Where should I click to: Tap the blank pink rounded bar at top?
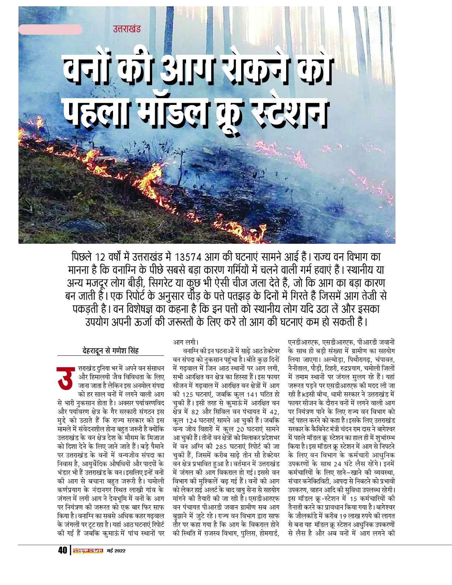click(50, 30)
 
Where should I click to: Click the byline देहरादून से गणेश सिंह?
click(110, 350)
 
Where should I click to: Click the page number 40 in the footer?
click(62, 550)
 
